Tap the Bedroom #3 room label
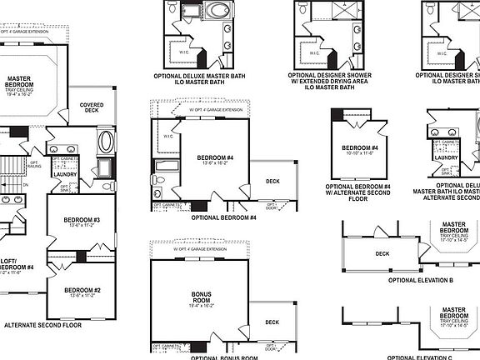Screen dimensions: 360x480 tap(82, 222)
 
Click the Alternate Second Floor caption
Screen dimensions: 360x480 tap(43, 324)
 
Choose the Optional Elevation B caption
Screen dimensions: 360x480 tap(411, 280)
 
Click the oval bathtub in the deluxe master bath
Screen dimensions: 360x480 tap(221, 12)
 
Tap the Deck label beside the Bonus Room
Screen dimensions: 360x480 tap(272, 322)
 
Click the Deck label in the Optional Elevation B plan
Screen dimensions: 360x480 tap(382, 254)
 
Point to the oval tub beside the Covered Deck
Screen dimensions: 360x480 tap(107, 141)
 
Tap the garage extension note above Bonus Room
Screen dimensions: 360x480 tap(200, 249)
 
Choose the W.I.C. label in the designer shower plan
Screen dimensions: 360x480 tap(314, 52)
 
